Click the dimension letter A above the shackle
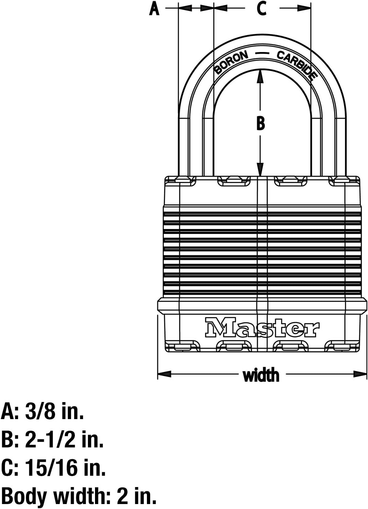[x=154, y=9]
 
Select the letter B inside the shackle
[x=261, y=123]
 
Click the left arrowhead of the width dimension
[x=164, y=374]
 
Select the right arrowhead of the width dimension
[x=360, y=374]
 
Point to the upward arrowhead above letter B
[x=261, y=76]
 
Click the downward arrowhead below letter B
[x=261, y=169]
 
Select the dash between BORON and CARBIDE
[x=262, y=54]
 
